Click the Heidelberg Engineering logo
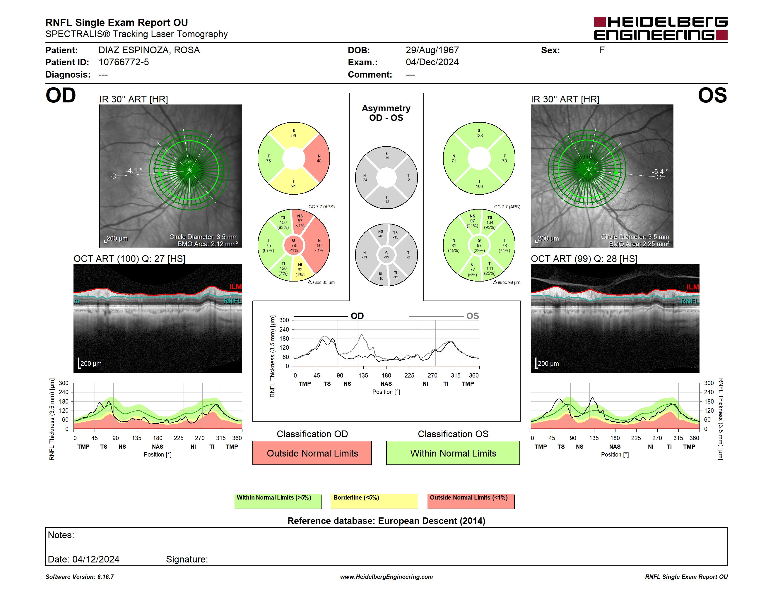(661, 28)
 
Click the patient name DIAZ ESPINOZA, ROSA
(149, 50)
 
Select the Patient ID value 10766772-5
(124, 62)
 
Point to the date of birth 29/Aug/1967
(432, 50)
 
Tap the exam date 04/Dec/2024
(432, 62)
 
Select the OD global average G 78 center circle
(293, 245)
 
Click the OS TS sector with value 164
(490, 222)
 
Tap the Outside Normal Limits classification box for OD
(312, 453)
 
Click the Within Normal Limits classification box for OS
(453, 453)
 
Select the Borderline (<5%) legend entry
(374, 501)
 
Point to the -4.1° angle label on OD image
(134, 171)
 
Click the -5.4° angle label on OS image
(660, 172)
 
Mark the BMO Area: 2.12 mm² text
(207, 244)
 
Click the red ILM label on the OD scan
(235, 287)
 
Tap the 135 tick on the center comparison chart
(363, 375)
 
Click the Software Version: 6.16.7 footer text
(80, 577)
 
